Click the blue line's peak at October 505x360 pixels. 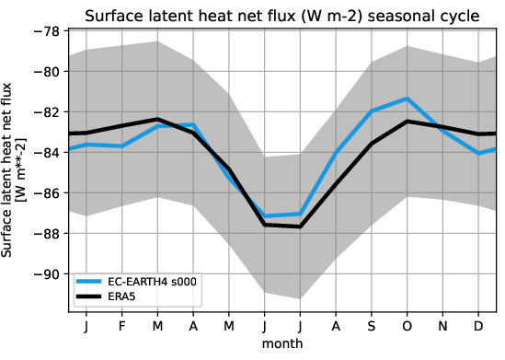click(407, 99)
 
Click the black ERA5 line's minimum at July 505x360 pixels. click(301, 226)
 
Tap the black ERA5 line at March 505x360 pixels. click(157, 119)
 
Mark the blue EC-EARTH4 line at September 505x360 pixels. click(372, 110)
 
